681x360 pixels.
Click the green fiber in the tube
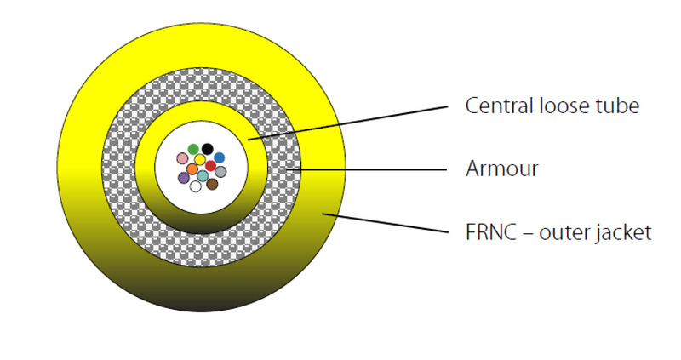193,150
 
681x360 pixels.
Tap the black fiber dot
207,149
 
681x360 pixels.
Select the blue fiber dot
219,157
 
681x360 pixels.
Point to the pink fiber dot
182,158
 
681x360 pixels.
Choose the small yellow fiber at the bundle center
200,159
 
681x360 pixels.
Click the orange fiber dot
192,169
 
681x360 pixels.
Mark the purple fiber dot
184,177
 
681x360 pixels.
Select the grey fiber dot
220,171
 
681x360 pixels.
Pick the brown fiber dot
213,183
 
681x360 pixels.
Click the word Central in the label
495,106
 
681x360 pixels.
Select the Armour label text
502,169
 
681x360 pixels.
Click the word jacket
625,231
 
